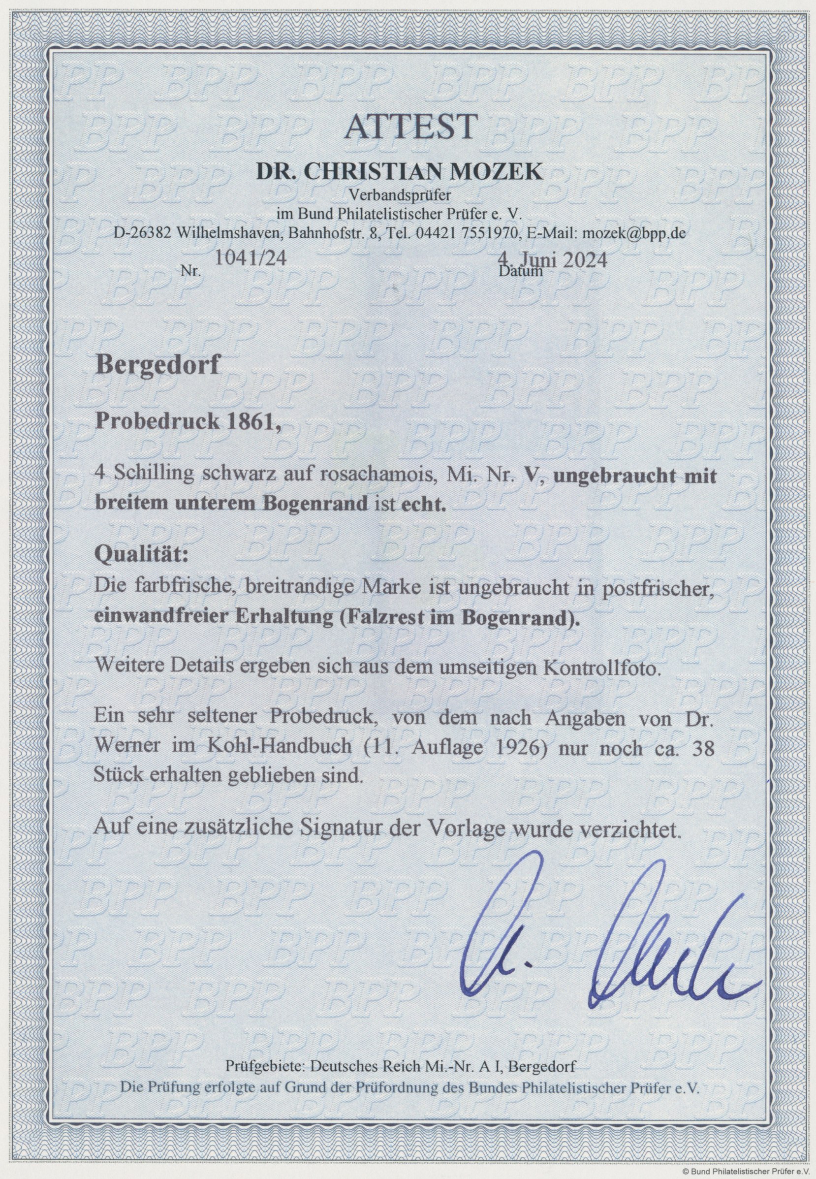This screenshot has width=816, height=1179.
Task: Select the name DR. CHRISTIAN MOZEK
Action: pyautogui.click(x=399, y=172)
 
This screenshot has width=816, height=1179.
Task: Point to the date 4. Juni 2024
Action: pyautogui.click(x=554, y=260)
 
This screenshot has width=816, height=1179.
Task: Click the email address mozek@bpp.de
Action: pyautogui.click(x=632, y=234)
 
